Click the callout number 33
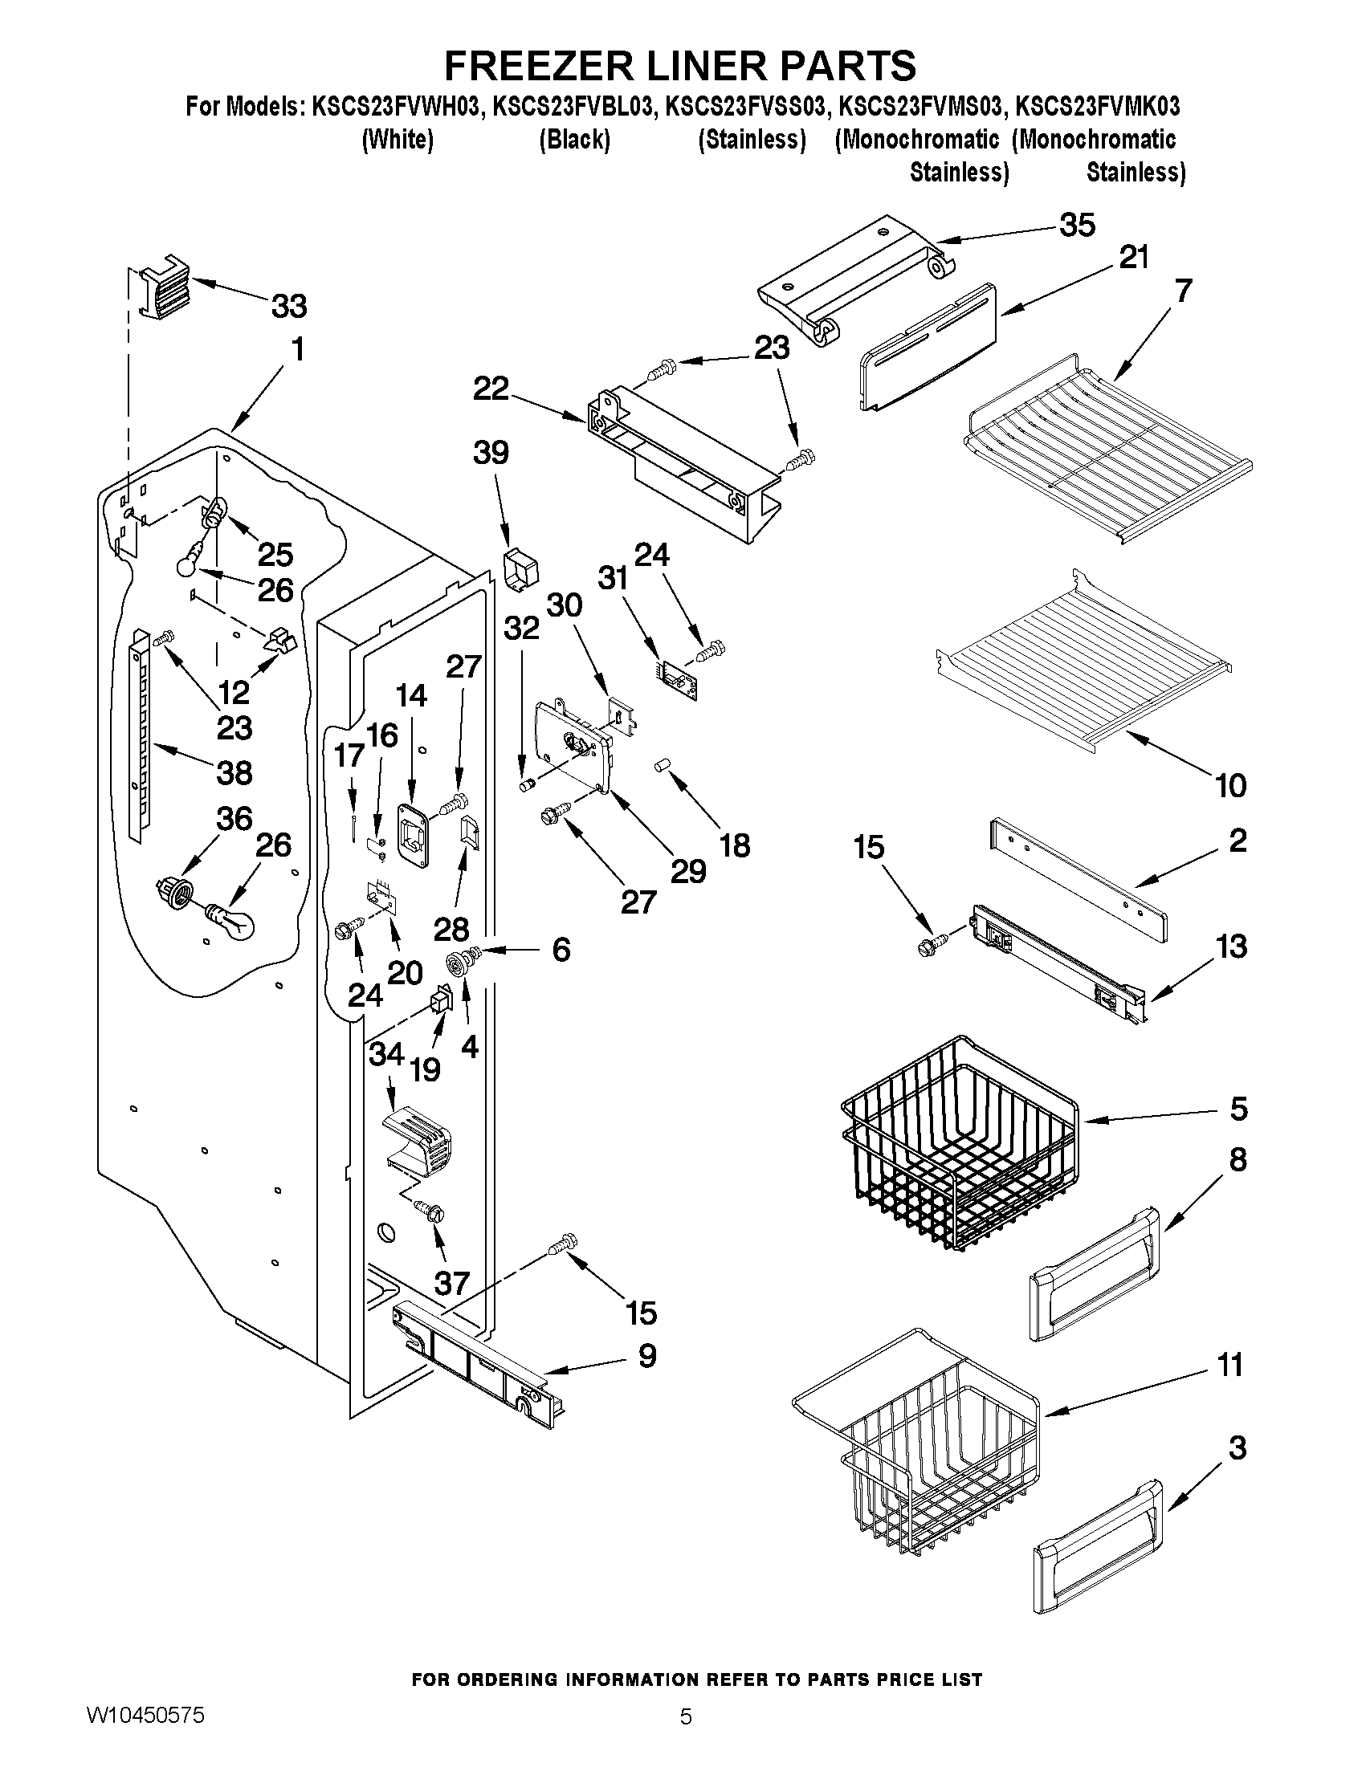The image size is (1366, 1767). tap(289, 307)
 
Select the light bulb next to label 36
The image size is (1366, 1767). tap(232, 920)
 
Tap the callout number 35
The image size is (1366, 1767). tap(1077, 225)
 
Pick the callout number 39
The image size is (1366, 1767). tap(491, 453)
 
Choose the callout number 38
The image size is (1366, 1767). tap(234, 772)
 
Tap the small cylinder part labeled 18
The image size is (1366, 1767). tap(663, 765)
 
